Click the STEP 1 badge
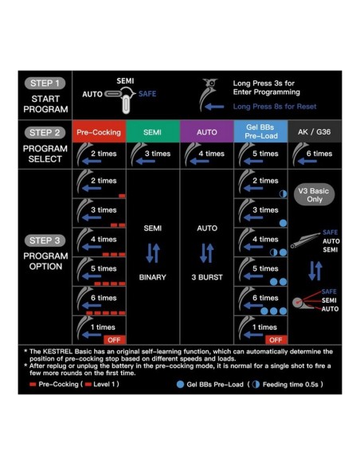(45, 84)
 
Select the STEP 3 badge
(45, 240)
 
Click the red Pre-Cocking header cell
(99, 131)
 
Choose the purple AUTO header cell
(206, 131)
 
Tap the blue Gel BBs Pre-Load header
(260, 131)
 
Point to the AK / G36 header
(314, 131)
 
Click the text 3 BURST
(206, 278)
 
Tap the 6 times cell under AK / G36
(314, 154)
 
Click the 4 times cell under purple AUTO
(206, 154)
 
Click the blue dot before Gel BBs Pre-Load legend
(181, 383)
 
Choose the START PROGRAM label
(45, 104)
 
